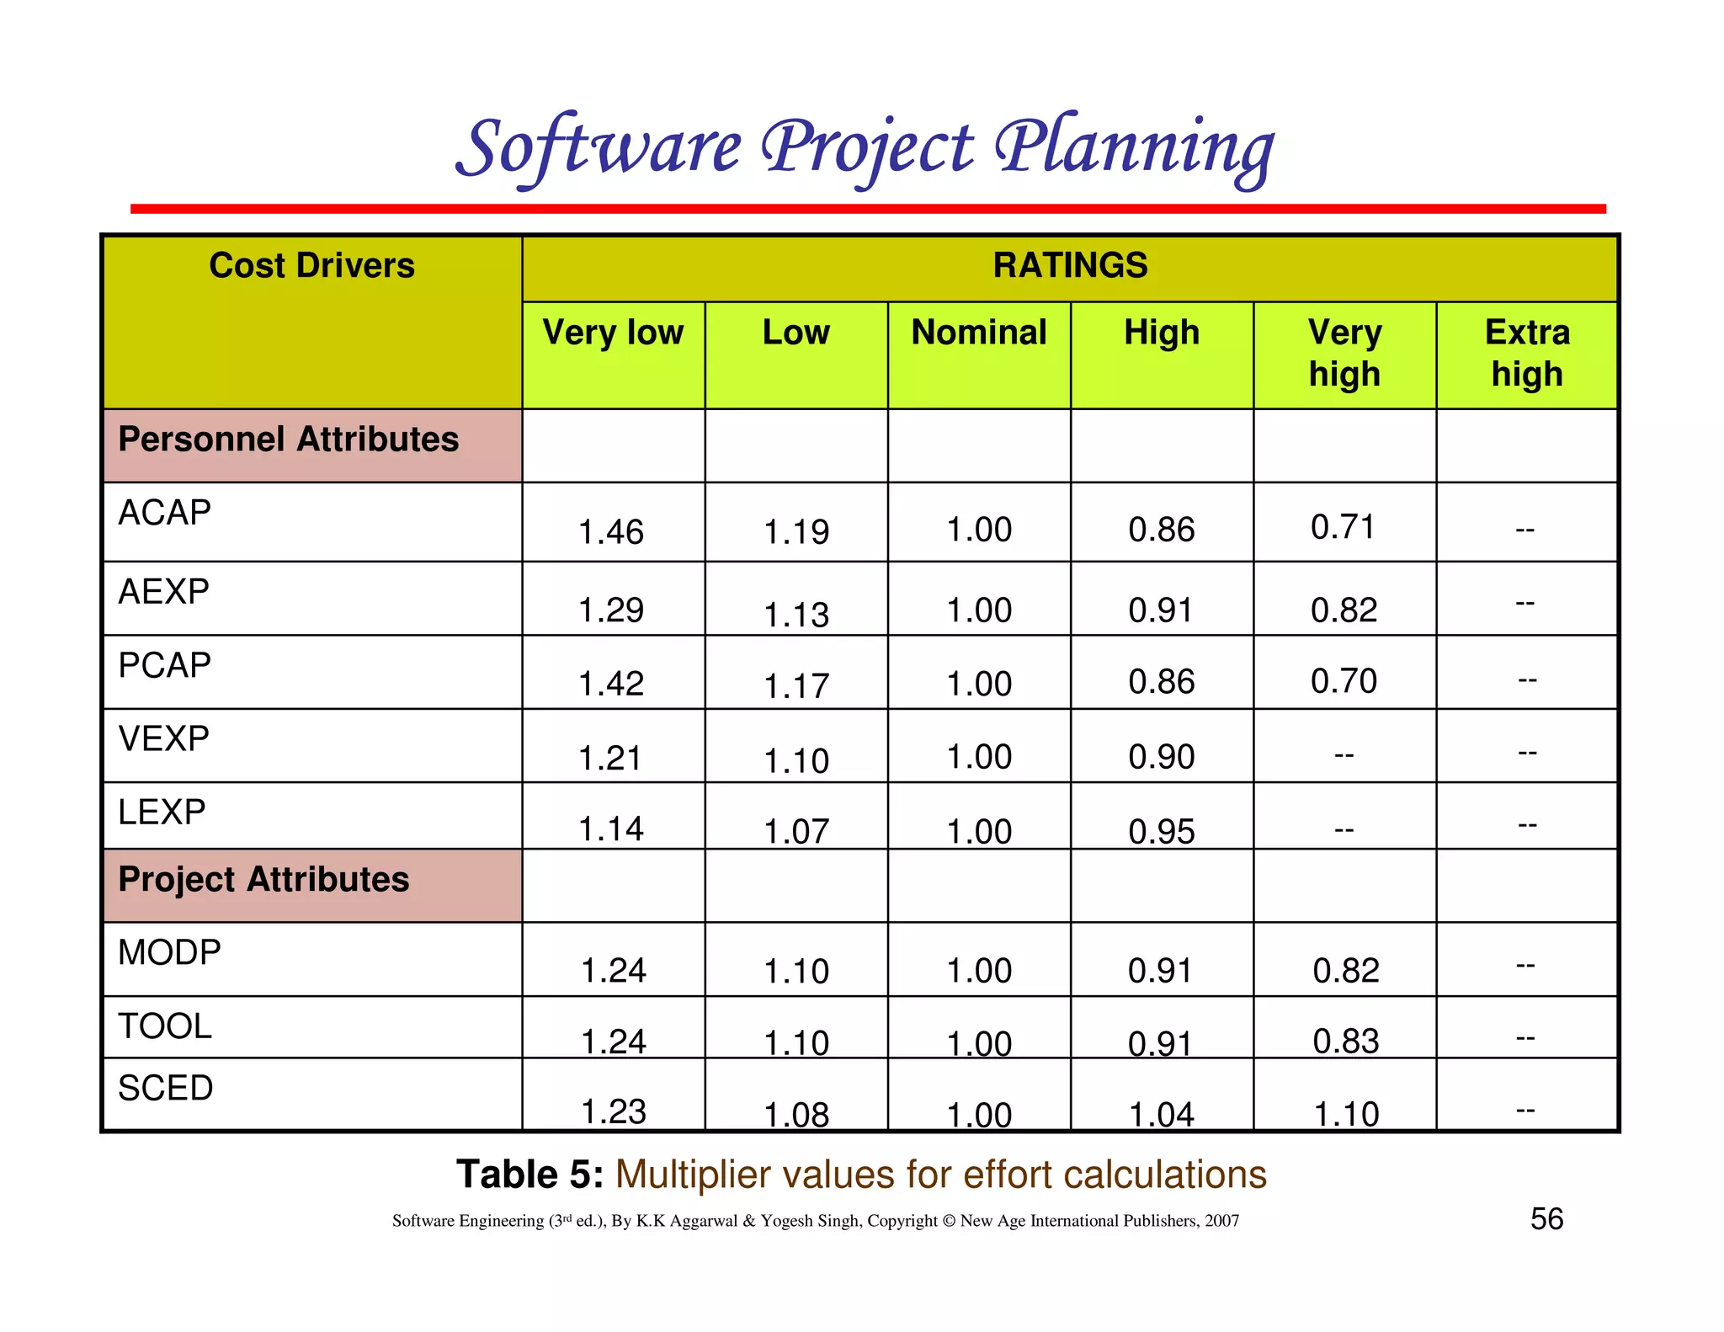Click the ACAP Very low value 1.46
(611, 532)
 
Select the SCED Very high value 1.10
(1346, 1114)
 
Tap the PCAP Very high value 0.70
(1344, 680)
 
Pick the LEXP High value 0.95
(1162, 831)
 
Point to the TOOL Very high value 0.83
(1346, 1042)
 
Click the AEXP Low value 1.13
(796, 615)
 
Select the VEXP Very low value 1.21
(611, 758)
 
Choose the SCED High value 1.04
(1162, 1115)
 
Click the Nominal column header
(979, 333)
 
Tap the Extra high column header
(1527, 353)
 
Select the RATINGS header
(1070, 266)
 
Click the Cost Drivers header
(311, 266)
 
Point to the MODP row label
(169, 952)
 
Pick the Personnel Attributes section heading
(289, 440)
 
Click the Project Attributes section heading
(263, 879)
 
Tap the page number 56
(1546, 1219)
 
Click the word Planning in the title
(1135, 149)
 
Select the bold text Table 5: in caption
(529, 1175)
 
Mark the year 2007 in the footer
(1221, 1221)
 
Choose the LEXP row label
(162, 812)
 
